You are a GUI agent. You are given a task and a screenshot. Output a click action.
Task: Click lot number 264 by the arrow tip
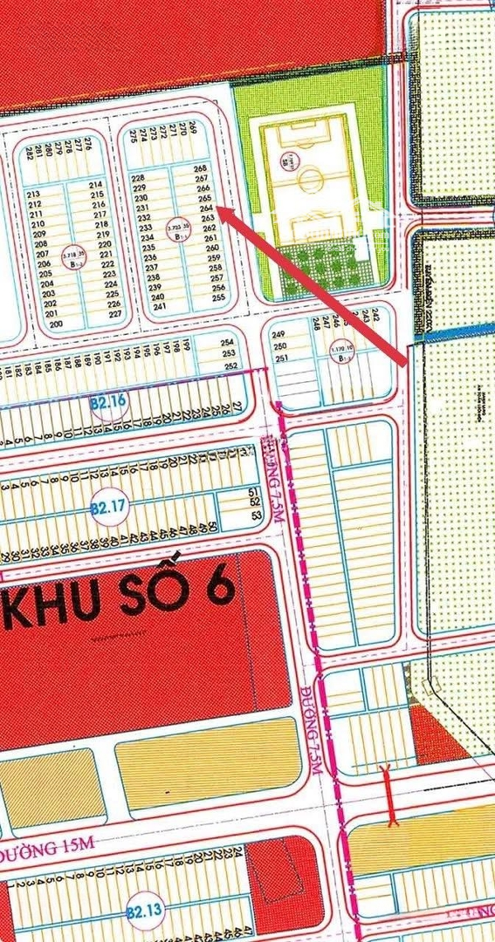pyautogui.click(x=206, y=209)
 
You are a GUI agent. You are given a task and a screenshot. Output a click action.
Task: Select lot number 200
pyautogui.click(x=56, y=324)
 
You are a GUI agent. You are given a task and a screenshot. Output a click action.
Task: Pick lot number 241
pyautogui.click(x=159, y=306)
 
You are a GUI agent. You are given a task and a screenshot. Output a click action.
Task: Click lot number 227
pyautogui.click(x=114, y=314)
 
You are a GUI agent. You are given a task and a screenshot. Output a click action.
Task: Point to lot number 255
pyautogui.click(x=218, y=297)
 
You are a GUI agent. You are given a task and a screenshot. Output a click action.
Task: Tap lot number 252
pyautogui.click(x=230, y=365)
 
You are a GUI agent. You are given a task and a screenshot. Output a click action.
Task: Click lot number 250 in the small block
pyautogui.click(x=279, y=346)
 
